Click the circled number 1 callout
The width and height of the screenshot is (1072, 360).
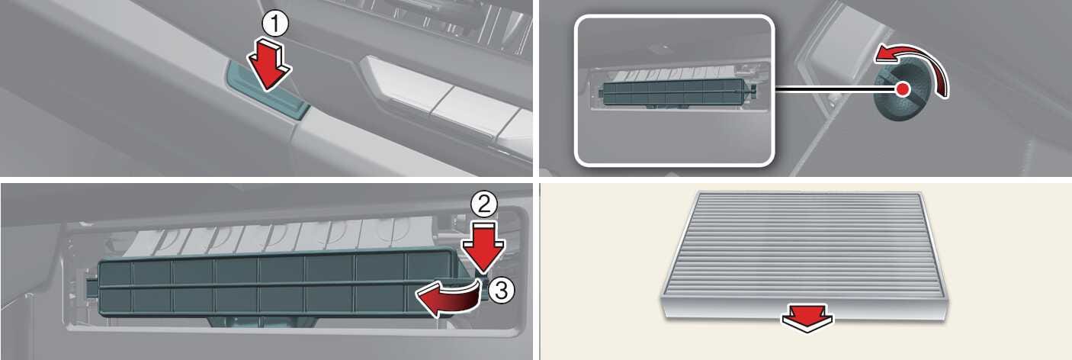tap(275, 24)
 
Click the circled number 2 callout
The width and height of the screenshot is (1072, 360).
tap(484, 205)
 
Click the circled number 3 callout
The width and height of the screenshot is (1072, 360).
tap(501, 290)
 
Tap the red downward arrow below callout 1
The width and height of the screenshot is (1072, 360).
tap(269, 65)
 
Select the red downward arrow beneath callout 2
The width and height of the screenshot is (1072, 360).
tap(483, 246)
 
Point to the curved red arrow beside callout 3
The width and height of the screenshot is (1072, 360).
tap(448, 299)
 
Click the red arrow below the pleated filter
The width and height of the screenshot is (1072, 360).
tap(807, 318)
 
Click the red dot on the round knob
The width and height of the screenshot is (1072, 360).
tap(903, 89)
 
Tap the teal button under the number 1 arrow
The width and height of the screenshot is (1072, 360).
tap(268, 89)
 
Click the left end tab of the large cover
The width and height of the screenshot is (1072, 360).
tap(91, 290)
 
